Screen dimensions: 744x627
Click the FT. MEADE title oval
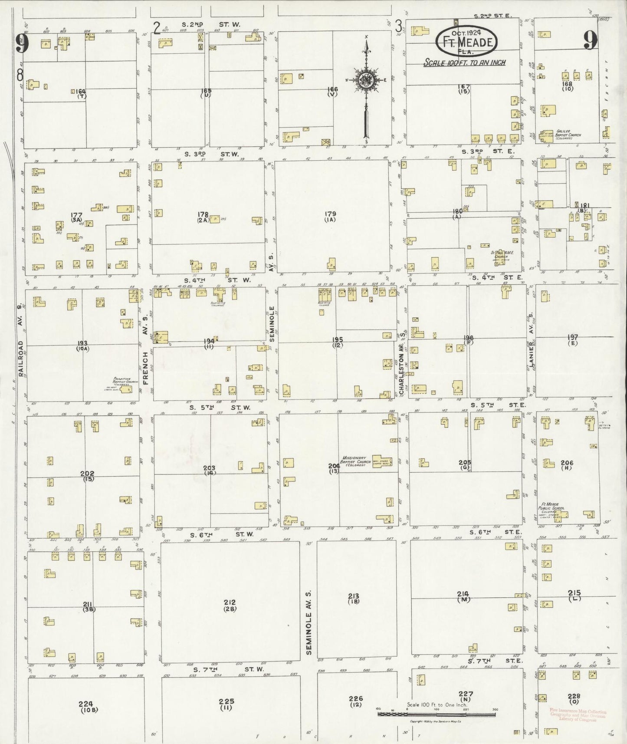[466, 41]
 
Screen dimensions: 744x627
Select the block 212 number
[230, 602]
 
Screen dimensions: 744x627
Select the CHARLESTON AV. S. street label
[402, 364]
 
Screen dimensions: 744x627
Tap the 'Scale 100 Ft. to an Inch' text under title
[464, 63]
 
